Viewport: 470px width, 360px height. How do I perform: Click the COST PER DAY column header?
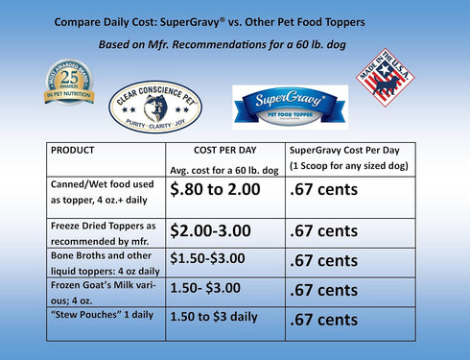223,152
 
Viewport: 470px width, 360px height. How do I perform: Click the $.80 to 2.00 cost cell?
215,190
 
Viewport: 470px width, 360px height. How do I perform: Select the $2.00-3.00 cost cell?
213,230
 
